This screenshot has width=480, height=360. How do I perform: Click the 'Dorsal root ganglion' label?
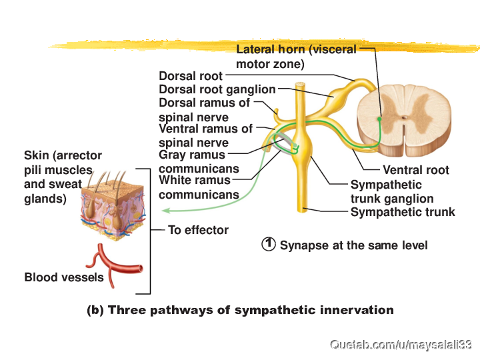217,89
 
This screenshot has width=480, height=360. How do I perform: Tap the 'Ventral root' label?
416,170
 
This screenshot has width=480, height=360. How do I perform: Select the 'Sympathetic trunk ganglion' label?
392,191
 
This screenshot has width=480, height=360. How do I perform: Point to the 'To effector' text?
199,230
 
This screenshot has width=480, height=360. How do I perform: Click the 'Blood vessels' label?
64,277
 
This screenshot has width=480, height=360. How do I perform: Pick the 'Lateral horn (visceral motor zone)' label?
296,57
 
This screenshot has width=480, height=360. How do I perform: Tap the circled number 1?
269,244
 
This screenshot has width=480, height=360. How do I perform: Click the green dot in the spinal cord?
379,119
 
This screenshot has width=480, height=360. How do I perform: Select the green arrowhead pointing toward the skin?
166,211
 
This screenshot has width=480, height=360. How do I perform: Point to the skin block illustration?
113,206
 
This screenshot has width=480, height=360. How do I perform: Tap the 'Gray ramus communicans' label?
199,161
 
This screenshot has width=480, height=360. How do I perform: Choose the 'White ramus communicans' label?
199,187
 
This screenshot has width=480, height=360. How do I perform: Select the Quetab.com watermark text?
401,345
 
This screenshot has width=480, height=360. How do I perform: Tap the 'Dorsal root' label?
191,76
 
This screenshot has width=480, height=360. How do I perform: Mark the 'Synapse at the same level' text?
353,245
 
